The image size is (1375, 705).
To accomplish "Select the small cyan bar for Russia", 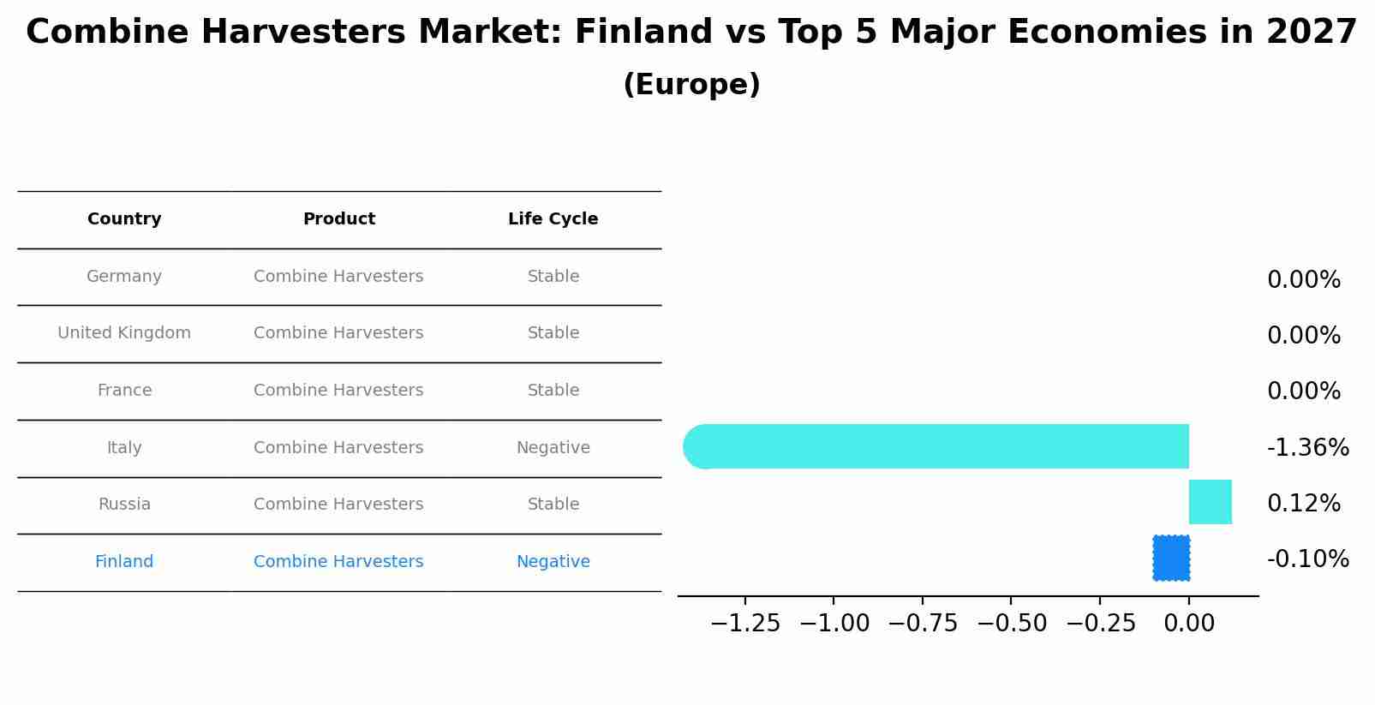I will point(1210,502).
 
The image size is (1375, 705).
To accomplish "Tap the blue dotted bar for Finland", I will point(1171,558).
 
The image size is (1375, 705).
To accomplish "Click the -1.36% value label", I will point(1307,448).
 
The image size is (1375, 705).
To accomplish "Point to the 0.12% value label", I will point(1303,504).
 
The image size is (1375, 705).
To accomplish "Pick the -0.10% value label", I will point(1307,559).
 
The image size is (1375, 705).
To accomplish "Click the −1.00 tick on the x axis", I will point(834,624).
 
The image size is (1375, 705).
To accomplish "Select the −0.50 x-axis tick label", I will point(1011,624).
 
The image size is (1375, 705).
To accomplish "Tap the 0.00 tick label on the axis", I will point(1189,624).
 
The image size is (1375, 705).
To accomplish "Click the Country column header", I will point(124,219).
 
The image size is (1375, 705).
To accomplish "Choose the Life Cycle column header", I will point(553,219).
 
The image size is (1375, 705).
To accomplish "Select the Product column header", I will point(338,219).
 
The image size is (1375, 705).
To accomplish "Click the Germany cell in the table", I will point(124,277).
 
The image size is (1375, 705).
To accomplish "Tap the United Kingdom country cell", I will point(124,333).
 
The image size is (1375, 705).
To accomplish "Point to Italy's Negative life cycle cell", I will point(553,448).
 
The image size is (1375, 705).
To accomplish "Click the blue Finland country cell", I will point(124,562).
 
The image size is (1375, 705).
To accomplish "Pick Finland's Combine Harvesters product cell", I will point(338,562).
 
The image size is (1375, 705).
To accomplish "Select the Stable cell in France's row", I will point(553,391).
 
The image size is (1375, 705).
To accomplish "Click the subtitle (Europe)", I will point(691,85).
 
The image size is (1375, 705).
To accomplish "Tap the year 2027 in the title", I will point(1311,33).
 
